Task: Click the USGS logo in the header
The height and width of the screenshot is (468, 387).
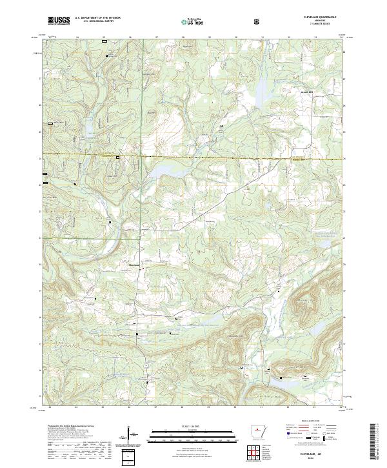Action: (x=58, y=21)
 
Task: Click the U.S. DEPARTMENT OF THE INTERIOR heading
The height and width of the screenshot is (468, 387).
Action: (x=98, y=18)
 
